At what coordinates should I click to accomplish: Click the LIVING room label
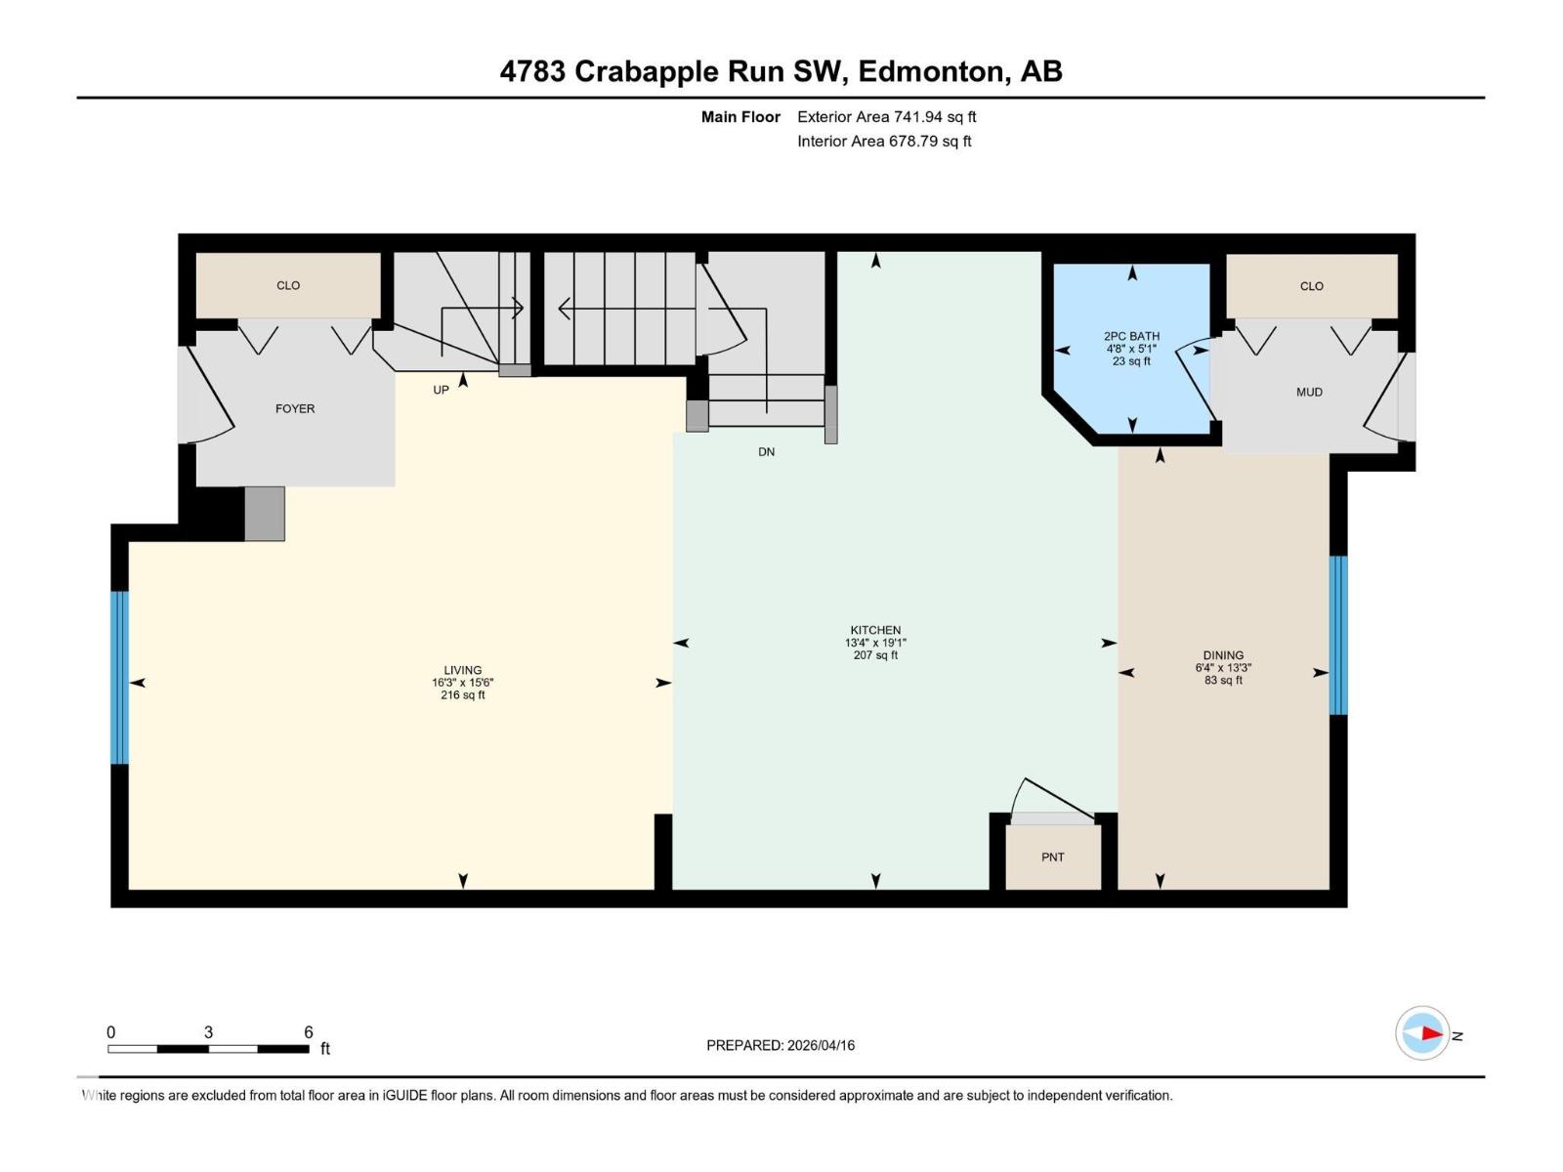pyautogui.click(x=462, y=670)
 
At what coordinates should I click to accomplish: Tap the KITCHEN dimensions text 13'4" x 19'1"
pyautogui.click(x=875, y=643)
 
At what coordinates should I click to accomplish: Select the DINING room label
pyautogui.click(x=1223, y=655)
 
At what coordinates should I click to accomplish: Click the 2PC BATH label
pyautogui.click(x=1131, y=336)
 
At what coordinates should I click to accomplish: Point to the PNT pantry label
pyautogui.click(x=1052, y=858)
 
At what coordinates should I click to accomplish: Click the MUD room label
pyautogui.click(x=1309, y=392)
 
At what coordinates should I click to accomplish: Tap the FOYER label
pyautogui.click(x=295, y=408)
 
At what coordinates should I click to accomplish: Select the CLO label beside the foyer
pyautogui.click(x=288, y=285)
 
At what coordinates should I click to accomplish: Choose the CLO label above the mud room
pyautogui.click(x=1311, y=286)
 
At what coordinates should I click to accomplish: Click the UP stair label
pyautogui.click(x=441, y=390)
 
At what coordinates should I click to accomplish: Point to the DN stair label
pyautogui.click(x=766, y=452)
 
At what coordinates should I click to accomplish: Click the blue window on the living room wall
pyautogui.click(x=119, y=677)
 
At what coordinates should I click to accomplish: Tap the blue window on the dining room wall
pyautogui.click(x=1338, y=635)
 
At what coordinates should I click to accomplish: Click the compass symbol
pyautogui.click(x=1422, y=1033)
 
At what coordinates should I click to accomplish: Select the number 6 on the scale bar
pyautogui.click(x=308, y=1032)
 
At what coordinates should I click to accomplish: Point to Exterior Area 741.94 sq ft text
pyautogui.click(x=886, y=116)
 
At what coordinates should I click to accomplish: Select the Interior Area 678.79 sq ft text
pyautogui.click(x=884, y=141)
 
